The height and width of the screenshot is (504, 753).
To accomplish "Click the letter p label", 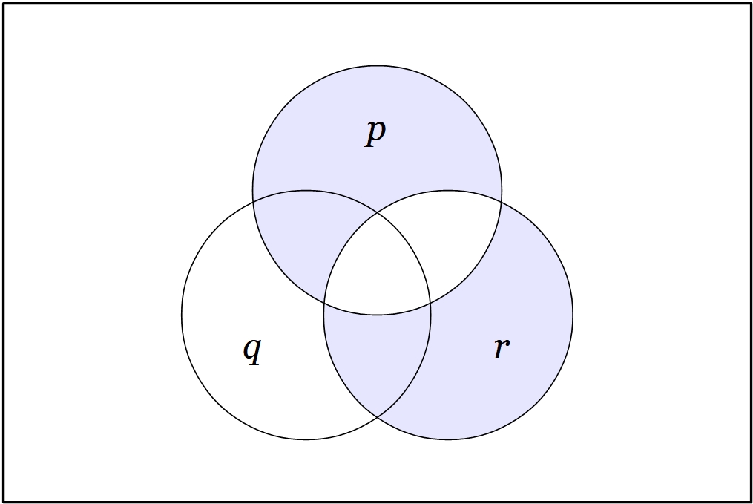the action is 375,133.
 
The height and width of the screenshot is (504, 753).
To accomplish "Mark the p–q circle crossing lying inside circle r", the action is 430,303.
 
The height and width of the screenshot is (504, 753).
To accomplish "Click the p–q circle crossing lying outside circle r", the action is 253,202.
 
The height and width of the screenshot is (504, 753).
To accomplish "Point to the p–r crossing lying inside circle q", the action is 324,303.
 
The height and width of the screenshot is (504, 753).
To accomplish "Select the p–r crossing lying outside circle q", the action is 502,202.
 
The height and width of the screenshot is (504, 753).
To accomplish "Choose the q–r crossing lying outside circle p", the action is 377,417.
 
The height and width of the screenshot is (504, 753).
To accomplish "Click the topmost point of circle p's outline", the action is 378,66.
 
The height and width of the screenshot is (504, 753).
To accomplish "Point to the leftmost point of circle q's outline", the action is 182,315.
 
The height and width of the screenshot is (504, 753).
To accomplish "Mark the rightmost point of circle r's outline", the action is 573,315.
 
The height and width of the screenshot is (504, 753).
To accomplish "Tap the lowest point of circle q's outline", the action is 306,439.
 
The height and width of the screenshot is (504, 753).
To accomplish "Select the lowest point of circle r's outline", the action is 448,439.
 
